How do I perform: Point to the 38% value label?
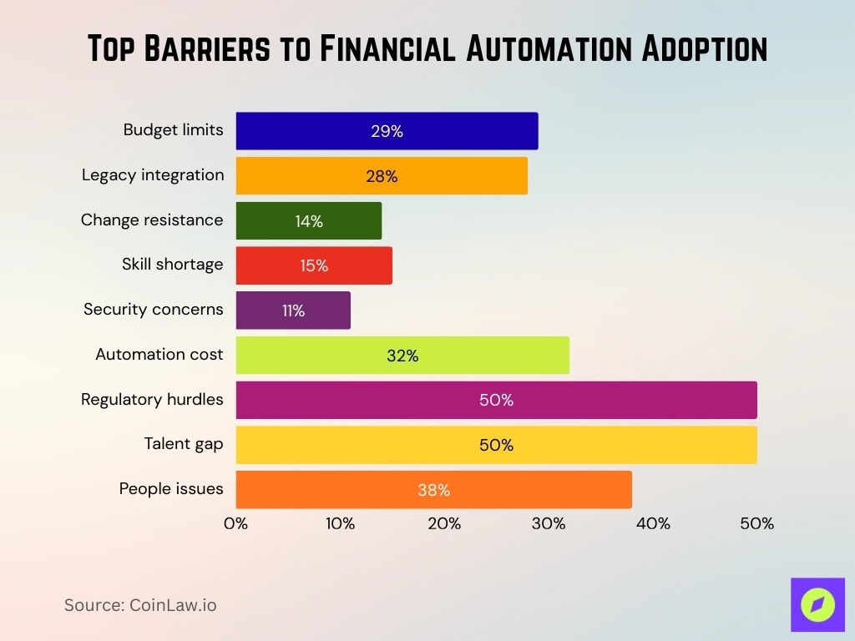(x=433, y=491)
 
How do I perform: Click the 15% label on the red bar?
(x=314, y=266)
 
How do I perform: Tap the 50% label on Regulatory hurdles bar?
(x=496, y=401)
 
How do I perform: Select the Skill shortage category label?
(x=172, y=265)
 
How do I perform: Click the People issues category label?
(x=171, y=489)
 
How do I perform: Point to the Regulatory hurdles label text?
(x=152, y=400)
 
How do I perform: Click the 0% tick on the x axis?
(x=236, y=524)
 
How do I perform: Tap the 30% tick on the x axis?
(x=549, y=524)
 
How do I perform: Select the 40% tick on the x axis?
(x=653, y=524)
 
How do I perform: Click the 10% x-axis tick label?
(x=340, y=524)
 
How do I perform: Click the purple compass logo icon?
(x=817, y=605)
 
